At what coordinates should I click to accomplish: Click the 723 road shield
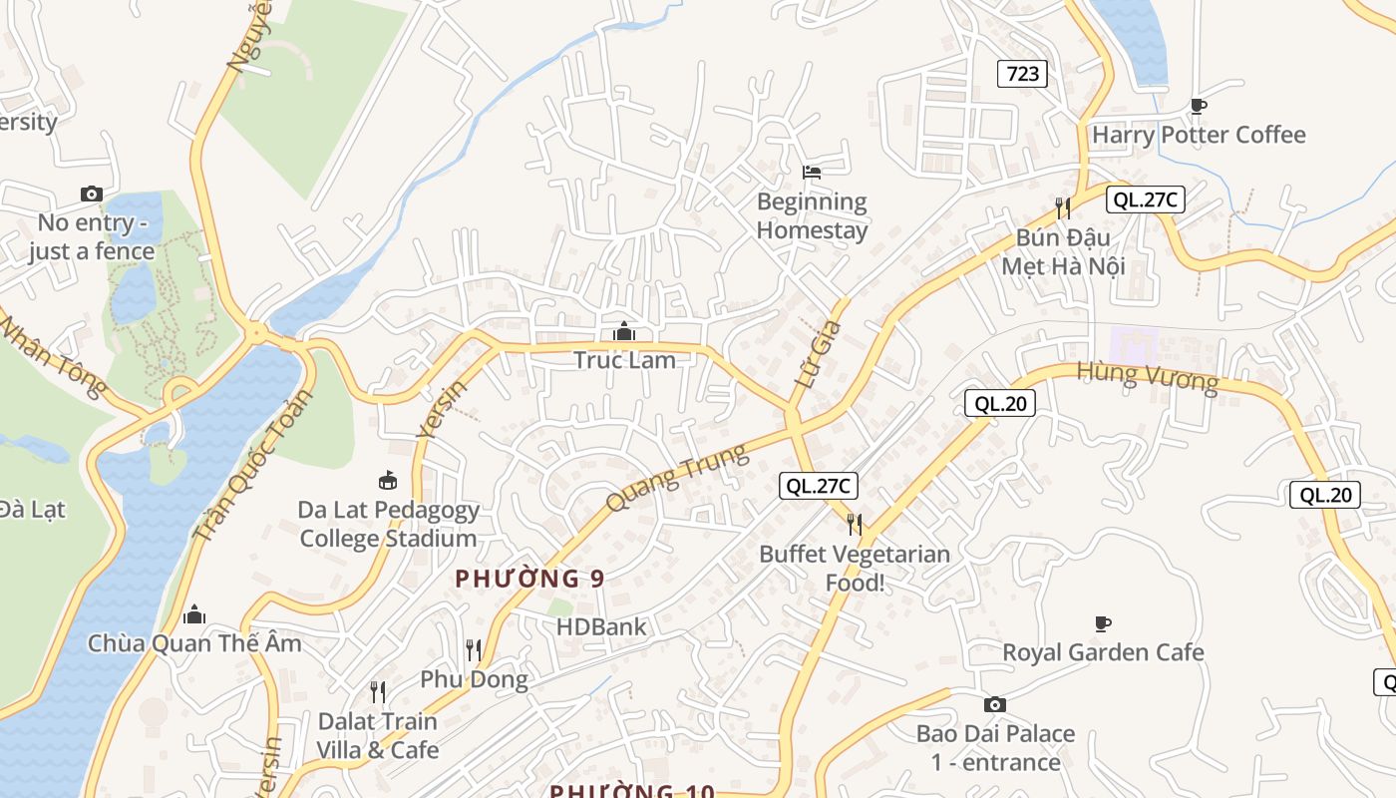[1022, 73]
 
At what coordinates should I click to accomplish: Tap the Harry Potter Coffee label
[1199, 135]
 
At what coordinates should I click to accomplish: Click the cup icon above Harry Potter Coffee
[1199, 106]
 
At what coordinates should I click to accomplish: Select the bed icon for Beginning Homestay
[812, 173]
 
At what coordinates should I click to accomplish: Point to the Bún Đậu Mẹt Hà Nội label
[1063, 252]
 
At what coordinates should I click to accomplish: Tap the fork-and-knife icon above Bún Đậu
[1063, 207]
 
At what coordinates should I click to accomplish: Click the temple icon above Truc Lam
[624, 331]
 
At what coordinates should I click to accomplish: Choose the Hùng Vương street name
[1147, 377]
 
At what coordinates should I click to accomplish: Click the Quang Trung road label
[676, 479]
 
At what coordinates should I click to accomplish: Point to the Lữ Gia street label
[820, 354]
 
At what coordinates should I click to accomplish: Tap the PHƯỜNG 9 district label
[529, 579]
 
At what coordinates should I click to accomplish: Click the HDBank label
[601, 627]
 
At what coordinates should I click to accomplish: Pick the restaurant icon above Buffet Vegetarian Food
[855, 524]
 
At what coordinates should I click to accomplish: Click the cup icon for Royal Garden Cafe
[1103, 624]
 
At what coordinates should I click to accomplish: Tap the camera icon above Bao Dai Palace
[994, 705]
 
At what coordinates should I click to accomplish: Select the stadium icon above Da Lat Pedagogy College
[388, 481]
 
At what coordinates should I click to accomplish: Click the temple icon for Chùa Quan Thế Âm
[194, 613]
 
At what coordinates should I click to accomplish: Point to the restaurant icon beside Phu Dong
[474, 650]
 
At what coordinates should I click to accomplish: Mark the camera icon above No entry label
[91, 194]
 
